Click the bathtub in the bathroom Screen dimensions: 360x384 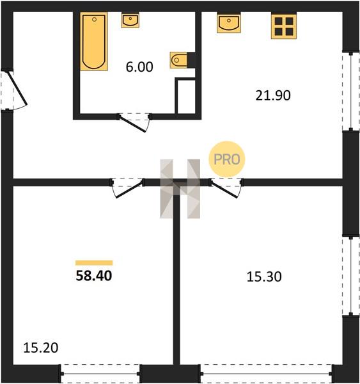tap(94, 42)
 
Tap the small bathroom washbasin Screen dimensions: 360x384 tap(130, 20)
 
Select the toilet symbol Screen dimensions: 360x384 tap(178, 60)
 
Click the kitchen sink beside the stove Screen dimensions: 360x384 tap(229, 23)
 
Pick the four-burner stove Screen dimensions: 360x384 tap(284, 26)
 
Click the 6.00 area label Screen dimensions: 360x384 tap(139, 67)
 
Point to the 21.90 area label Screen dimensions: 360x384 tap(273, 95)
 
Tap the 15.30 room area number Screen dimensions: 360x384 tap(264, 276)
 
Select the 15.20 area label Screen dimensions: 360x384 tap(41, 348)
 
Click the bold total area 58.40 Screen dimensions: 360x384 tap(94, 275)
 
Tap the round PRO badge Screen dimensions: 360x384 tap(227, 159)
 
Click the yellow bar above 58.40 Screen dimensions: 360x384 tap(94, 263)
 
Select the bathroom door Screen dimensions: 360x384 tap(134, 122)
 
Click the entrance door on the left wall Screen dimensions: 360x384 tap(14, 90)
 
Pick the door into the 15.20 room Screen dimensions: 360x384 tap(127, 188)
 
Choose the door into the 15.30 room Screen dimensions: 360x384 tap(226, 188)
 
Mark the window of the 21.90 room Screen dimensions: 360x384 tap(351, 92)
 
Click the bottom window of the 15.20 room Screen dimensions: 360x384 tap(100, 374)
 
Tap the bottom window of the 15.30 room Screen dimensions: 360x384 tap(266, 374)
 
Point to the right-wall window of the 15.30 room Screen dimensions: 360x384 tap(351, 276)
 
